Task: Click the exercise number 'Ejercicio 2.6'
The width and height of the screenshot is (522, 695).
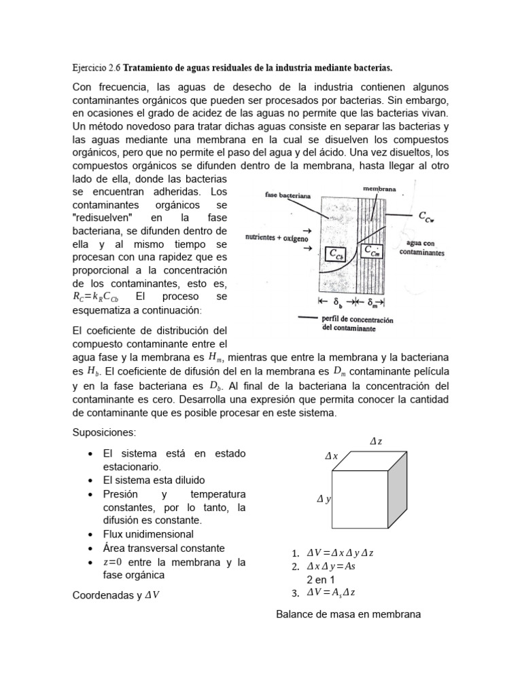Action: coord(96,68)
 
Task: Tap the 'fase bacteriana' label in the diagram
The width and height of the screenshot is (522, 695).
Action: coord(288,195)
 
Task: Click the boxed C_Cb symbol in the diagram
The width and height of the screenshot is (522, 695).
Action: coord(337,255)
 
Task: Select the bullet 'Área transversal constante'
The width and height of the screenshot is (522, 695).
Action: coord(163,548)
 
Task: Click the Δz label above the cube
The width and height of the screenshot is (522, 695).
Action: coord(375,441)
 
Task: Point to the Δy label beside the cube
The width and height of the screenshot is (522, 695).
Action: coord(324,500)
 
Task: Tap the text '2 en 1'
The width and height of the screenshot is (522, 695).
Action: coord(320,580)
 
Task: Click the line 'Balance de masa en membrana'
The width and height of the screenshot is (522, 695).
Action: coord(349,614)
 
